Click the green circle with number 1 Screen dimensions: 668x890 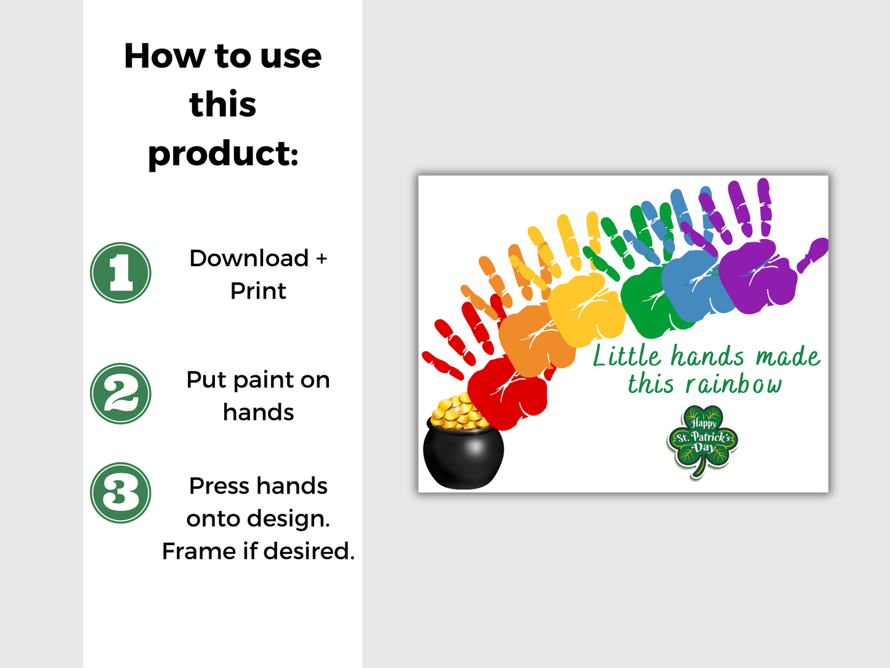click(x=121, y=272)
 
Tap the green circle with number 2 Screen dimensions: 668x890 click(x=121, y=394)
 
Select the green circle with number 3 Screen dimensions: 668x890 click(x=121, y=493)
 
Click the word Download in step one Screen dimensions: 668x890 click(x=249, y=258)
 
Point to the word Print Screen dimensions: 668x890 click(x=258, y=291)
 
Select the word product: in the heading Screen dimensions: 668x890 click(x=223, y=153)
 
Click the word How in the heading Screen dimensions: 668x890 click(x=164, y=56)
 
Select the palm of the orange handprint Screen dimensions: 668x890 click(x=535, y=339)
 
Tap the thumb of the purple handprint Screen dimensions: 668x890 click(x=813, y=253)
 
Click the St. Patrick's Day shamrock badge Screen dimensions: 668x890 click(x=703, y=439)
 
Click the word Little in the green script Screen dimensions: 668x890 click(x=626, y=357)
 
